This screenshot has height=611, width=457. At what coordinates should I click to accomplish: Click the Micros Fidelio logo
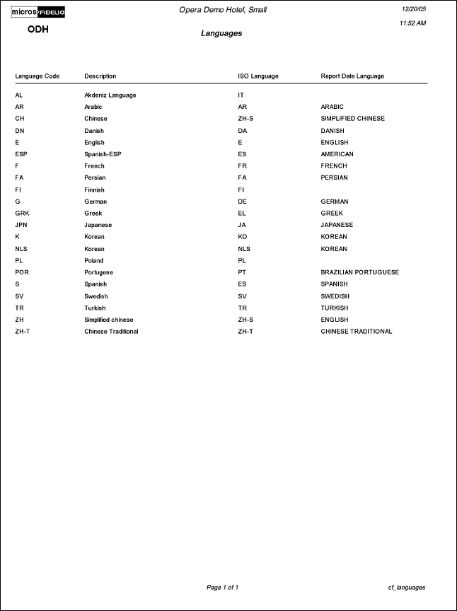39,12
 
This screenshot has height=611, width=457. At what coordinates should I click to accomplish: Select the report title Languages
221,33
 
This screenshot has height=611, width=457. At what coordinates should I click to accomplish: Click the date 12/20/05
413,9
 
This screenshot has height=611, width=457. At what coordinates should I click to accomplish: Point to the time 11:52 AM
412,23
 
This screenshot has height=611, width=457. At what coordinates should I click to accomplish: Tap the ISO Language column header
258,76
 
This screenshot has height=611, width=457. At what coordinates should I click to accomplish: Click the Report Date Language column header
352,76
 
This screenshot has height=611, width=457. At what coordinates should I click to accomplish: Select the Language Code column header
37,76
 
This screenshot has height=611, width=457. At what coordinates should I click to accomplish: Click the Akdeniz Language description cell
110,95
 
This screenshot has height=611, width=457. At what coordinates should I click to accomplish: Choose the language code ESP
21,154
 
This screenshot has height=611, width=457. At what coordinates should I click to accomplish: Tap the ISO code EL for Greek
242,213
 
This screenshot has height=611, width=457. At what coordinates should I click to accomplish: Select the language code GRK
22,213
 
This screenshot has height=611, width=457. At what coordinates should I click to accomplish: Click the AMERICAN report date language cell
337,154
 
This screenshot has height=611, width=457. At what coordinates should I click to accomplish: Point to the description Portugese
99,272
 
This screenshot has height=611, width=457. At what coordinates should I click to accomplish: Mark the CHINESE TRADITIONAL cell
357,331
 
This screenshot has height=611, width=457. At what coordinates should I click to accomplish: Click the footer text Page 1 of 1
222,587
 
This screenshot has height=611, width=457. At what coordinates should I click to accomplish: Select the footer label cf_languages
407,587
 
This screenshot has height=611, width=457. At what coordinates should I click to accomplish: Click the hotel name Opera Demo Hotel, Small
223,10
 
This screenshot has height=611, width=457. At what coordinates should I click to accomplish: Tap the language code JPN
22,225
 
